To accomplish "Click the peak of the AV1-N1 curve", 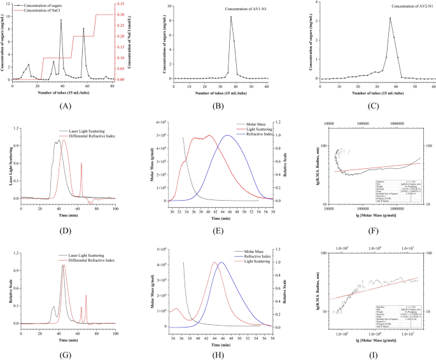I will tap(232, 17).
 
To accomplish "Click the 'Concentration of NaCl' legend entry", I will tap(45, 11).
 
